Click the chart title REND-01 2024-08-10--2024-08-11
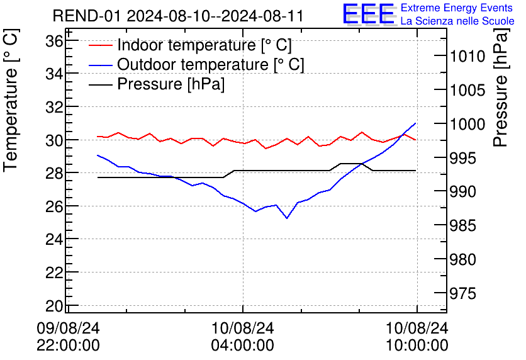tap(178, 16)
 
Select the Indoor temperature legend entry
tap(190, 45)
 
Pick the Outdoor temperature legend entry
tap(196, 64)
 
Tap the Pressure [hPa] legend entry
tap(156, 84)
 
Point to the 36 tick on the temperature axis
tap(55, 42)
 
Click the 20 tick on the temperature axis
tap(55, 306)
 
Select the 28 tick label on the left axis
tap(55, 173)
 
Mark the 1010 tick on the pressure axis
tap(467, 57)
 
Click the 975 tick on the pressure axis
tap(462, 293)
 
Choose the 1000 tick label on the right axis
tap(467, 125)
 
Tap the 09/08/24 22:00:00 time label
tap(68, 337)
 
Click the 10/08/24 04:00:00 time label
tap(242, 337)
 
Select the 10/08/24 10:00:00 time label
tap(417, 337)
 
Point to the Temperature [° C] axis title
tap(11, 101)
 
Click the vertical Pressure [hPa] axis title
tap(501, 87)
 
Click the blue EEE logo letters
tap(368, 14)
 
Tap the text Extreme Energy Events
tap(457, 8)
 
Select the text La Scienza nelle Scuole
tap(457, 21)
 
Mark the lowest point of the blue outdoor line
tap(287, 218)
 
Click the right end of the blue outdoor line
tap(416, 123)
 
